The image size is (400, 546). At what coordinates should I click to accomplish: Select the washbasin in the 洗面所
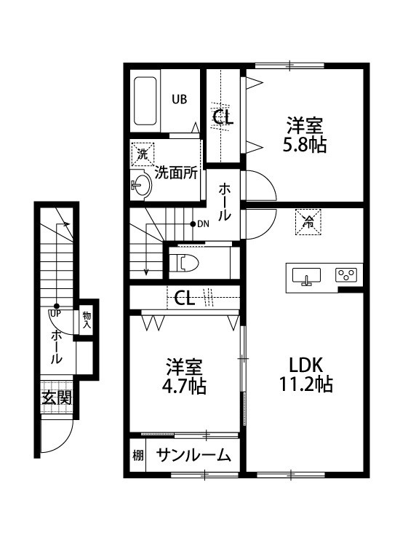[141, 186]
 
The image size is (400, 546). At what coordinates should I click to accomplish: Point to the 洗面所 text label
[177, 173]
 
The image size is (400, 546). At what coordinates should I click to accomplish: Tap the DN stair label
[202, 223]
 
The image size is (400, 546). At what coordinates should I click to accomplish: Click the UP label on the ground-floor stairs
[55, 313]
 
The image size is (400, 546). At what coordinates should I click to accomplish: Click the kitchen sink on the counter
[307, 275]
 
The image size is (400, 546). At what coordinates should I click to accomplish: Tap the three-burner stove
[345, 274]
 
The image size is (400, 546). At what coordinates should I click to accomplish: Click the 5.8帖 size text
[303, 145]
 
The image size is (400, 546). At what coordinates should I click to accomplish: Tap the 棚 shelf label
[137, 456]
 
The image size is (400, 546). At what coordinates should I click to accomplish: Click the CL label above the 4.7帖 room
[184, 298]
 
